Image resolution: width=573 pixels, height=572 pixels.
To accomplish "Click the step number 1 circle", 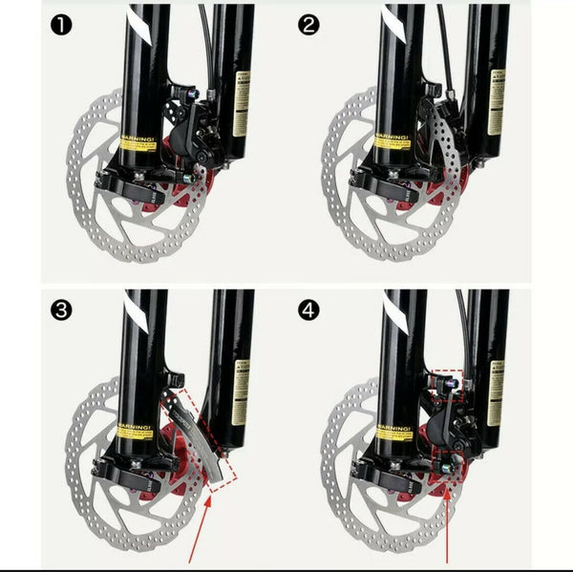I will [60, 25].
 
